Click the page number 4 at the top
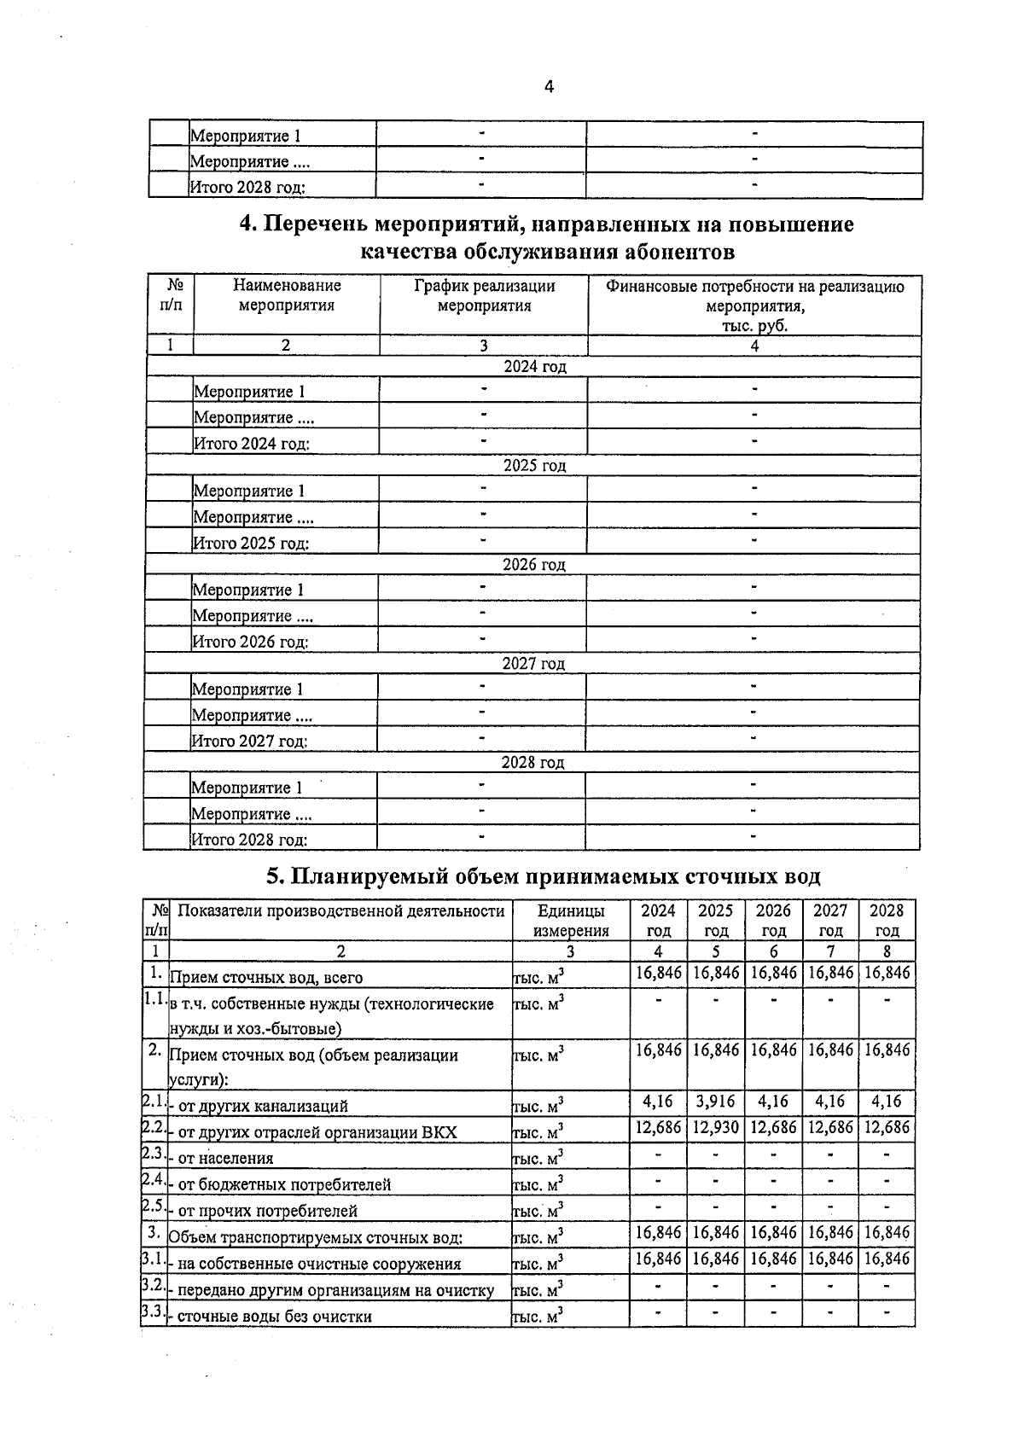click(x=549, y=86)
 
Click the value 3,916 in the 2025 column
click(x=715, y=1102)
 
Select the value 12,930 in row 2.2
click(x=715, y=1128)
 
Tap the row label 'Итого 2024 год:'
click(x=251, y=444)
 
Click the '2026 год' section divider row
click(x=533, y=565)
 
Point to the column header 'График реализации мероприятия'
click(x=484, y=296)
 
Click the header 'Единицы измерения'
click(x=571, y=921)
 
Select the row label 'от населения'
click(x=225, y=1159)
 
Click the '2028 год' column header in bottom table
click(x=887, y=921)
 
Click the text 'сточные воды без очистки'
click(x=274, y=1317)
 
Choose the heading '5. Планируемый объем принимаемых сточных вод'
click(x=544, y=876)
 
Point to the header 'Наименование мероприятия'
click(x=287, y=295)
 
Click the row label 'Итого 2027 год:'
click(x=249, y=741)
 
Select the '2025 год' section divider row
click(x=534, y=466)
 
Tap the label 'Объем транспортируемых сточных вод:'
click(x=317, y=1238)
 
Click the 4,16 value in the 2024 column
click(x=658, y=1102)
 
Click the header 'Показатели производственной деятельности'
click(x=340, y=911)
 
